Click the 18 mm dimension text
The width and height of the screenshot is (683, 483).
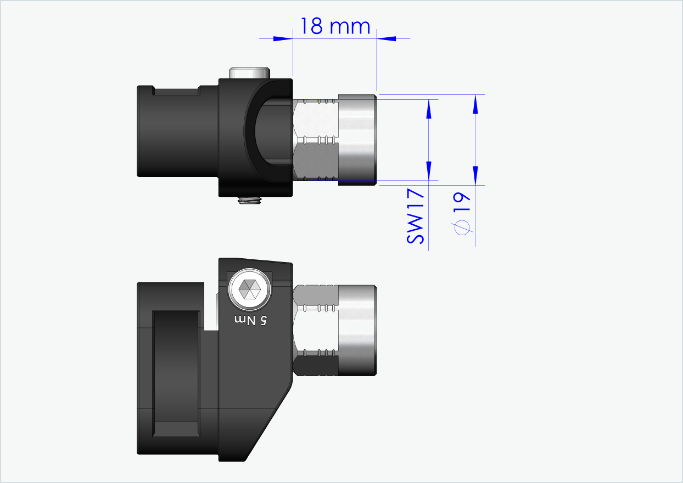[x=334, y=26]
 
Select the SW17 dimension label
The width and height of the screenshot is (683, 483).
[x=416, y=217]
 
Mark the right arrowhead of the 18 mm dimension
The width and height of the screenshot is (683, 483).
[x=387, y=38]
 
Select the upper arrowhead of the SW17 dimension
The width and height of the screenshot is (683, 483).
[x=429, y=110]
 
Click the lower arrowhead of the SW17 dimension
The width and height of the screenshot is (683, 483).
[x=429, y=169]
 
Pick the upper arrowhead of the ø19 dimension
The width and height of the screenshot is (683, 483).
[x=475, y=105]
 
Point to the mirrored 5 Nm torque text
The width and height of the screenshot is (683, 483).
[x=250, y=320]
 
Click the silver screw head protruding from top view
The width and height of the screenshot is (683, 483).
[x=250, y=73]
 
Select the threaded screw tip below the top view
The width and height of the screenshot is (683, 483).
[x=250, y=201]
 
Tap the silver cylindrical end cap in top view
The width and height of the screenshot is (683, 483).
[x=357, y=140]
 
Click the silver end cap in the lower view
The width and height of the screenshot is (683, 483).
[x=357, y=331]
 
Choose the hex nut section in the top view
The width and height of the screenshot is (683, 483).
[x=315, y=140]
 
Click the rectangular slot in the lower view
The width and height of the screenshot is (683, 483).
[x=176, y=373]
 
